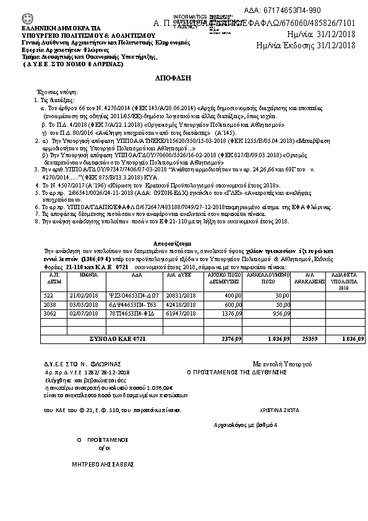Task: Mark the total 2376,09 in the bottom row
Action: pyautogui.click(x=232, y=340)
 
